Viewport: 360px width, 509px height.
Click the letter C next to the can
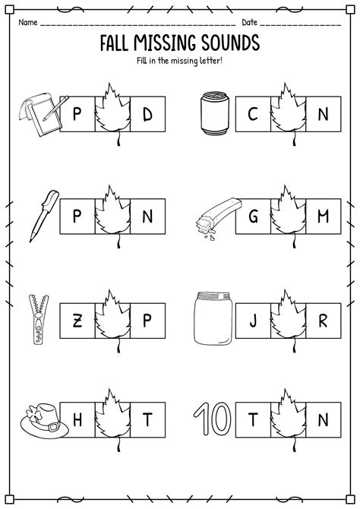[x=253, y=116]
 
